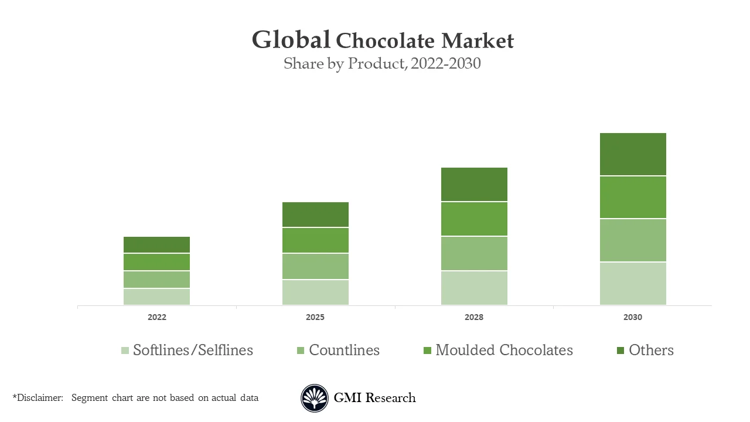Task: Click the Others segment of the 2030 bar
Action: (633, 154)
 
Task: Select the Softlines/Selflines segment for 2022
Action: (156, 297)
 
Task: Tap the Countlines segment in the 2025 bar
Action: (315, 266)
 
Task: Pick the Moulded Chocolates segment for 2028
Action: (474, 219)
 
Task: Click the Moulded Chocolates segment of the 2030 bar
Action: (633, 197)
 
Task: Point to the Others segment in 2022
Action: (156, 244)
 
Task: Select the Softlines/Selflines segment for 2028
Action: (474, 288)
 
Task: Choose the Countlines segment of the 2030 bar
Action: (633, 240)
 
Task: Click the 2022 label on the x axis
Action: (156, 317)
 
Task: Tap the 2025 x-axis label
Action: (315, 317)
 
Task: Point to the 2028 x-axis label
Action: (474, 317)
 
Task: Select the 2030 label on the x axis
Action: (633, 317)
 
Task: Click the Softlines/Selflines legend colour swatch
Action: (125, 350)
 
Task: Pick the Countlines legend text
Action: (344, 350)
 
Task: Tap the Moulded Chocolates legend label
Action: (504, 350)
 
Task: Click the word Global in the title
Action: (291, 40)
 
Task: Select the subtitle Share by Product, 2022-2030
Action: (382, 63)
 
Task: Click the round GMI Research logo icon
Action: (315, 398)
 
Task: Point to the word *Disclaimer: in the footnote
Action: (37, 397)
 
